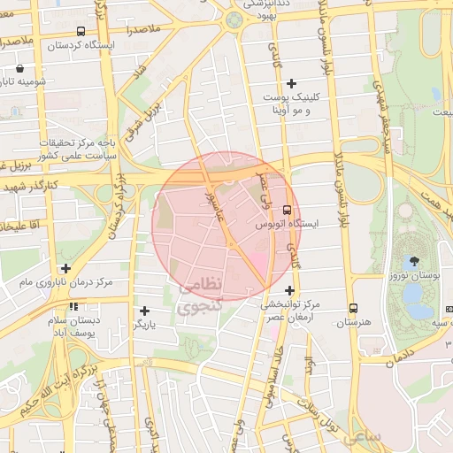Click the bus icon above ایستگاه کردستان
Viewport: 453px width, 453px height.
point(81,31)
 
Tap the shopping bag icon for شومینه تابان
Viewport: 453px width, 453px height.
point(20,68)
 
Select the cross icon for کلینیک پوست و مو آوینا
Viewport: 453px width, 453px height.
point(291,83)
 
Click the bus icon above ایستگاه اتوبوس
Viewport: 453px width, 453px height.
point(287,210)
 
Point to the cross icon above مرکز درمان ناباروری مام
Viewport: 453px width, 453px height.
point(65,268)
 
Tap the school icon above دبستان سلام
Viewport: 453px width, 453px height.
point(73,307)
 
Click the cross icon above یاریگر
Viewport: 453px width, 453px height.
point(145,311)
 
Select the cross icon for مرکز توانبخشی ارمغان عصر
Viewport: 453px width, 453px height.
point(289,290)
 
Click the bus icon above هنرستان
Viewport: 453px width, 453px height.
point(353,308)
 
